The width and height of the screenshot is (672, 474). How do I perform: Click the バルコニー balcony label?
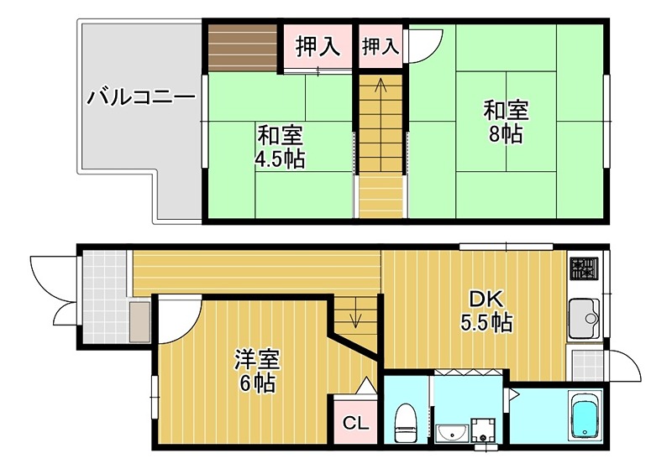[141, 97]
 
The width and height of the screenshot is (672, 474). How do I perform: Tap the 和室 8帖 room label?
[505, 122]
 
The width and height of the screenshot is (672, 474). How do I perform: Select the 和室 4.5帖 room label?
[280, 146]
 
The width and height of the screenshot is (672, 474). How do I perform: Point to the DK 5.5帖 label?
[486, 310]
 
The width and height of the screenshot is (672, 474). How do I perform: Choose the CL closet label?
[354, 423]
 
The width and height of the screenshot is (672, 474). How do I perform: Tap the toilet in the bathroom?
[406, 421]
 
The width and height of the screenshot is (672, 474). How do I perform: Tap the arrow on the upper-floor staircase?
[380, 86]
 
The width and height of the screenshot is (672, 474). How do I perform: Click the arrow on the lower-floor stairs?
[354, 318]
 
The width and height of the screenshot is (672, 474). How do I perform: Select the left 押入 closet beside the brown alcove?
[318, 47]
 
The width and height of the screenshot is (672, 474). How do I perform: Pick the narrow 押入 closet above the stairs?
[380, 47]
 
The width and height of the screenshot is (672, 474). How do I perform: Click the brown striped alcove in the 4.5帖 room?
[243, 49]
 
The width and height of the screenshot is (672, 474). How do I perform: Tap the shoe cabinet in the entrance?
[139, 320]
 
